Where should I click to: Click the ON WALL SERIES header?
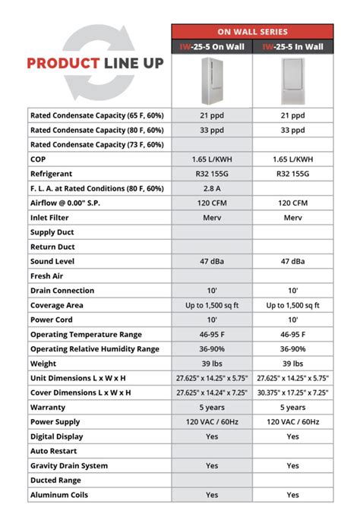coord(252,31)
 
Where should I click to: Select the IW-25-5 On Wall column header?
coord(212,46)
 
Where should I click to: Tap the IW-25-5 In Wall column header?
coord(292,46)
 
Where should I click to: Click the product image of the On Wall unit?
coord(212,80)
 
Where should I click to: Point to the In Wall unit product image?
coord(292,80)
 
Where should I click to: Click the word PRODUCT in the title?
coord(61,63)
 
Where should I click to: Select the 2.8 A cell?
coord(212,188)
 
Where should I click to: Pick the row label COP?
coord(39,159)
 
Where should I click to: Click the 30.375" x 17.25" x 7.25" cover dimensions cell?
coord(292,392)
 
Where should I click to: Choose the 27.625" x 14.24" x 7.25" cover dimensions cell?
coord(212,392)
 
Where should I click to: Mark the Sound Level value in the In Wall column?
coord(292,261)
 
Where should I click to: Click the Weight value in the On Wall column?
coord(212,364)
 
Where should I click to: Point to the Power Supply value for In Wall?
coord(292,422)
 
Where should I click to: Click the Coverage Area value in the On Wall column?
coord(212,305)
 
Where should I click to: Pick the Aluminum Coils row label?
coord(59,495)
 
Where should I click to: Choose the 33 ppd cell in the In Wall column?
coord(292,130)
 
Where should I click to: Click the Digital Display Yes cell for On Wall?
coord(212,436)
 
